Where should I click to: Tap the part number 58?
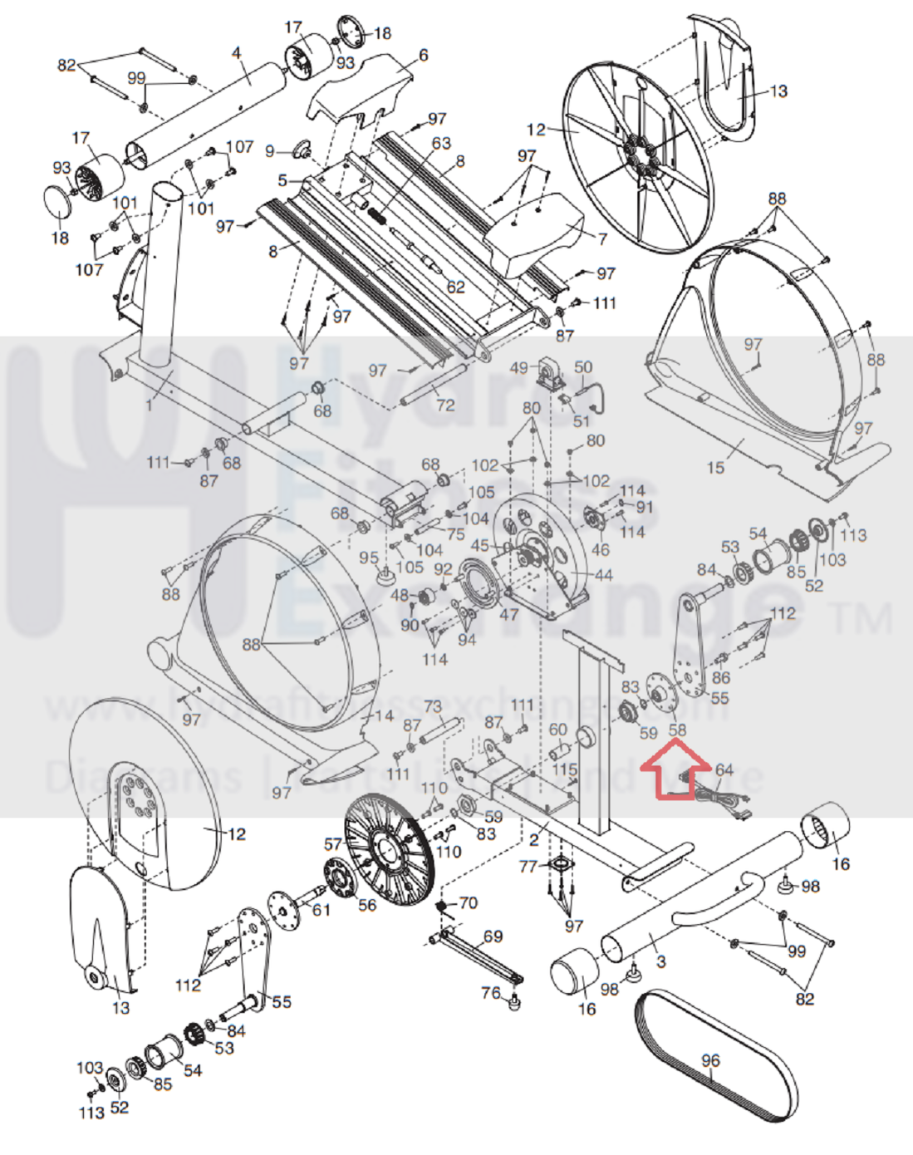tap(678, 730)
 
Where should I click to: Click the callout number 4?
tap(236, 54)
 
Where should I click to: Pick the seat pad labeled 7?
tap(540, 229)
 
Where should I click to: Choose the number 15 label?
tap(714, 468)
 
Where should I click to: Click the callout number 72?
tap(445, 405)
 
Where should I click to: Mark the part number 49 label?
tap(519, 368)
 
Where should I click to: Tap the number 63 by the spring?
tap(440, 144)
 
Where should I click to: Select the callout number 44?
tap(603, 574)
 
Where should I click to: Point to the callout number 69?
tap(493, 936)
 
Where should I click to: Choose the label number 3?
tap(660, 961)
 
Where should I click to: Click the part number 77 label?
tap(528, 867)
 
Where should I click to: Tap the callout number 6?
tap(423, 56)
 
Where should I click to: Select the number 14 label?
tap(384, 716)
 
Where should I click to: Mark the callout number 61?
tap(321, 910)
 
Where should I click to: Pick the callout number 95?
tap(368, 558)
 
